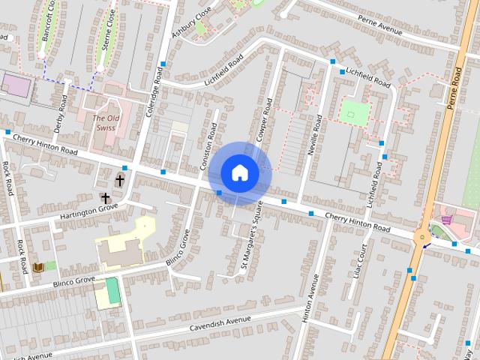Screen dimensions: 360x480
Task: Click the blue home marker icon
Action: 239,172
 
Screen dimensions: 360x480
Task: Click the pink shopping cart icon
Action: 448,220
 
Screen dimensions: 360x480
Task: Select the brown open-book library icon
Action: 38,266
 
